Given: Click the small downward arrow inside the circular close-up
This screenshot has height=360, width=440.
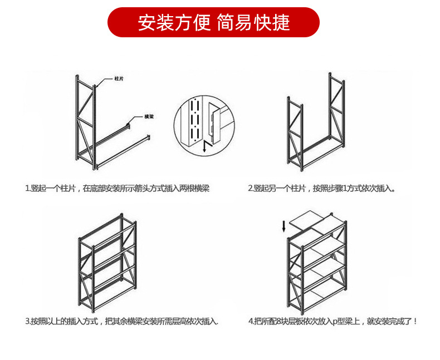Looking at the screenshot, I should pyautogui.click(x=204, y=146).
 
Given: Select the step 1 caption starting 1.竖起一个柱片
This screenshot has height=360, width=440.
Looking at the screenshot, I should pyautogui.click(x=117, y=189).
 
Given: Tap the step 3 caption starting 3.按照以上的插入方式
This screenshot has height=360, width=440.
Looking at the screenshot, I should pyautogui.click(x=121, y=321).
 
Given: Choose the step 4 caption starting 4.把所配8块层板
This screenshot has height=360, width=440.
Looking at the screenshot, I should pyautogui.click(x=332, y=321).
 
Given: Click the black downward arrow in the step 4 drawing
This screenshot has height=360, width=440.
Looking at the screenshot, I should pyautogui.click(x=284, y=226).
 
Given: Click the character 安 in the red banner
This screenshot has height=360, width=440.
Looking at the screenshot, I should pyautogui.click(x=146, y=22).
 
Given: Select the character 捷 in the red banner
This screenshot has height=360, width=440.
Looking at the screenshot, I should pyautogui.click(x=281, y=22).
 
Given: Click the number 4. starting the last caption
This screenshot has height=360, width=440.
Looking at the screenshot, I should pyautogui.click(x=251, y=321).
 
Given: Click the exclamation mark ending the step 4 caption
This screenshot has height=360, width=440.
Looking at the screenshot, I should pyautogui.click(x=415, y=321).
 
